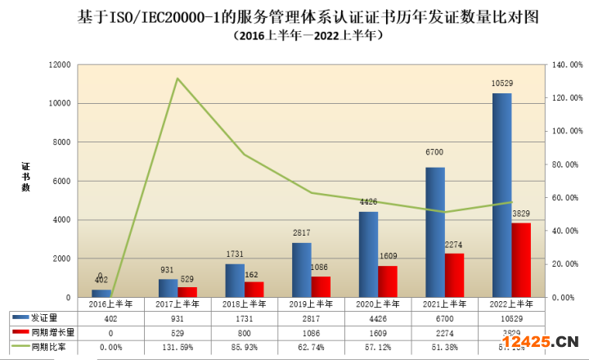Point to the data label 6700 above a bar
coord(435,160)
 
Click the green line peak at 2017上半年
coord(178,79)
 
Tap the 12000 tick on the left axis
coord(60,65)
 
